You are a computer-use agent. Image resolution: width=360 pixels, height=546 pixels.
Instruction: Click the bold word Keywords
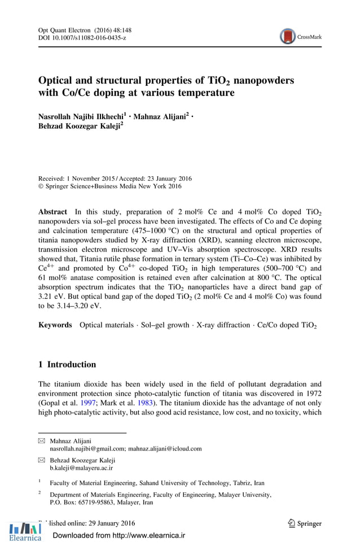[x=55, y=325]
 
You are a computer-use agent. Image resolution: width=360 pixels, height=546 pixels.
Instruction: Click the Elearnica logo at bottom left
[x=25, y=532]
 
